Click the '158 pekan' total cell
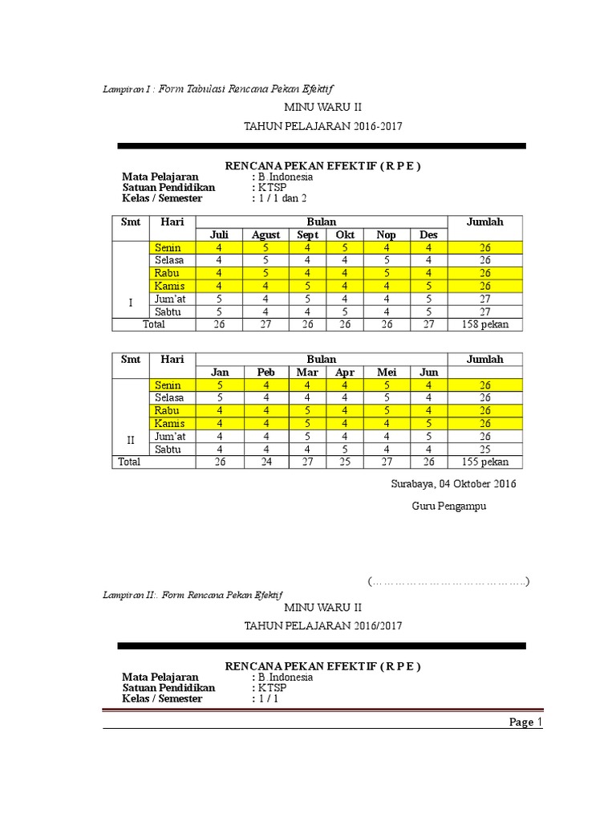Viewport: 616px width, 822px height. (485, 324)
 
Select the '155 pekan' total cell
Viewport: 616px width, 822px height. (485, 462)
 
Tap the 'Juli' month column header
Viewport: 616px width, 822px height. (219, 234)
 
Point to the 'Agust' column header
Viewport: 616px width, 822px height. (265, 234)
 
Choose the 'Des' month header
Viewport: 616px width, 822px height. (429, 234)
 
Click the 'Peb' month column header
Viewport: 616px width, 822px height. (265, 372)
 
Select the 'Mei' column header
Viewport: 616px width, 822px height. (387, 372)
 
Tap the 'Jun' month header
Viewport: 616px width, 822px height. (429, 372)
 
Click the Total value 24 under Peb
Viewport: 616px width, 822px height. (265, 462)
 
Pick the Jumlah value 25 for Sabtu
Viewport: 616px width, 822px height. (485, 449)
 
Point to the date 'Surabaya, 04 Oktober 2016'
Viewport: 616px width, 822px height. (453, 484)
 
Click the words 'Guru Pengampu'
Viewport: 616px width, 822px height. (449, 507)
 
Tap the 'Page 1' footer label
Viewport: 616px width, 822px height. (526, 722)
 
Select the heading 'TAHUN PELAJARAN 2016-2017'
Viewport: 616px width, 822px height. (322, 127)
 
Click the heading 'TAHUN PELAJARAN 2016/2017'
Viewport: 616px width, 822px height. (322, 625)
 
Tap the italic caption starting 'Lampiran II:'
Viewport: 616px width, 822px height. (192, 595)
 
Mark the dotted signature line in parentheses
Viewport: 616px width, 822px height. (448, 581)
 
